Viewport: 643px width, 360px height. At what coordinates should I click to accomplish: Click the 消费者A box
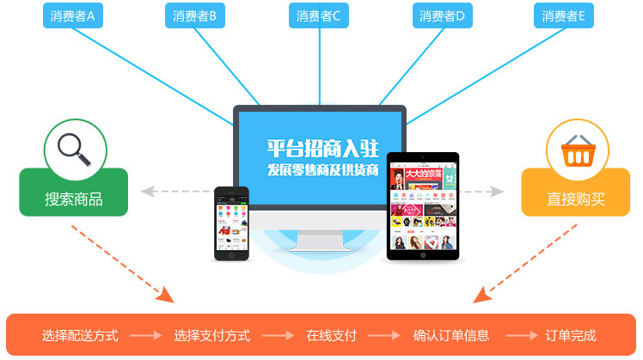(x=72, y=15)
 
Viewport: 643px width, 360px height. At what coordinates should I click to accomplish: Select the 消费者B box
(x=195, y=15)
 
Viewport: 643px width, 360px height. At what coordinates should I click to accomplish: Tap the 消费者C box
(x=319, y=15)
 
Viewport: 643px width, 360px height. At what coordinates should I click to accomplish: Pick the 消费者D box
(x=443, y=15)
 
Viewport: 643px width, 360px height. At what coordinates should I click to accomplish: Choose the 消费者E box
(x=564, y=15)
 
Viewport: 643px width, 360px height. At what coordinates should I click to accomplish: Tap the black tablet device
(x=423, y=206)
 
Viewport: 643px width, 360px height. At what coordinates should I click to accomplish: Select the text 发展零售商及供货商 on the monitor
(x=321, y=168)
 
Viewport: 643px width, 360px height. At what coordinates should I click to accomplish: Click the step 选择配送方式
(x=80, y=335)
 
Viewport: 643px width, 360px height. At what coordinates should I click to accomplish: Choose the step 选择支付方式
(x=211, y=335)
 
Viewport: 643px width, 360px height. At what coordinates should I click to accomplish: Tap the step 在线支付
(x=331, y=335)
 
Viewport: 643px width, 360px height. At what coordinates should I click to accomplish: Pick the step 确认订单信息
(x=451, y=335)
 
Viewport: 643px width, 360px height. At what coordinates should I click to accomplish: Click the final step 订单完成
(x=571, y=335)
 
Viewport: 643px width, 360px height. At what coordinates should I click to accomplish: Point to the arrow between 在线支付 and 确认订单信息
(x=384, y=335)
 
